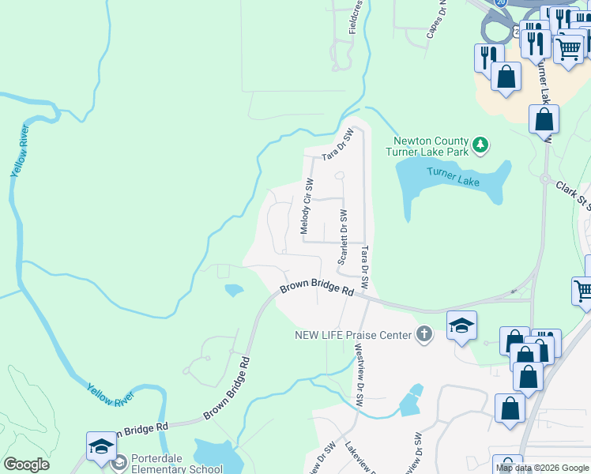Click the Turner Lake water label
454,178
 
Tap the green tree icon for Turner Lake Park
480,145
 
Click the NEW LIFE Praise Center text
353,335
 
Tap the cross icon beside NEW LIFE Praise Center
424,334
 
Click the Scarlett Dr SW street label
343,238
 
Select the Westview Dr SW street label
359,378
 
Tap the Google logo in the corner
26,465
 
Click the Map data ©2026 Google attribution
542,468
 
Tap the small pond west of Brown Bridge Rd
234,291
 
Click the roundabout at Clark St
545,179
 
